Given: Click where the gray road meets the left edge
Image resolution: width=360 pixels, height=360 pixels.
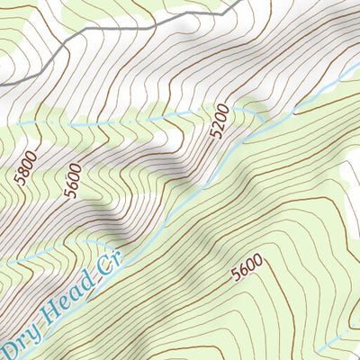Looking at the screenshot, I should [2, 84].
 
